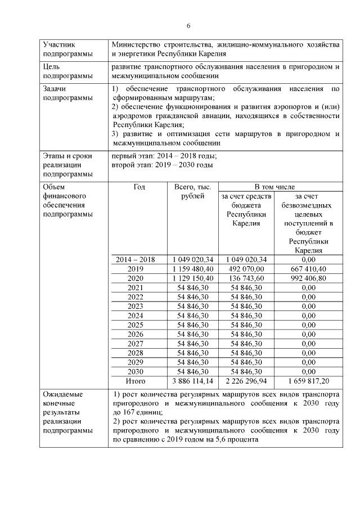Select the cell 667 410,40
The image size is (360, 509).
click(308, 269)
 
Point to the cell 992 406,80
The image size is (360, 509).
click(308, 278)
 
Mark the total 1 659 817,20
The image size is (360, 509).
click(308, 381)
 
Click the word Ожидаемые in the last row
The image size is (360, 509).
click(61, 394)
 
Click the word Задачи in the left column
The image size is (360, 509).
click(55, 89)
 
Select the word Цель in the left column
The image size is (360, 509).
click(52, 66)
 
